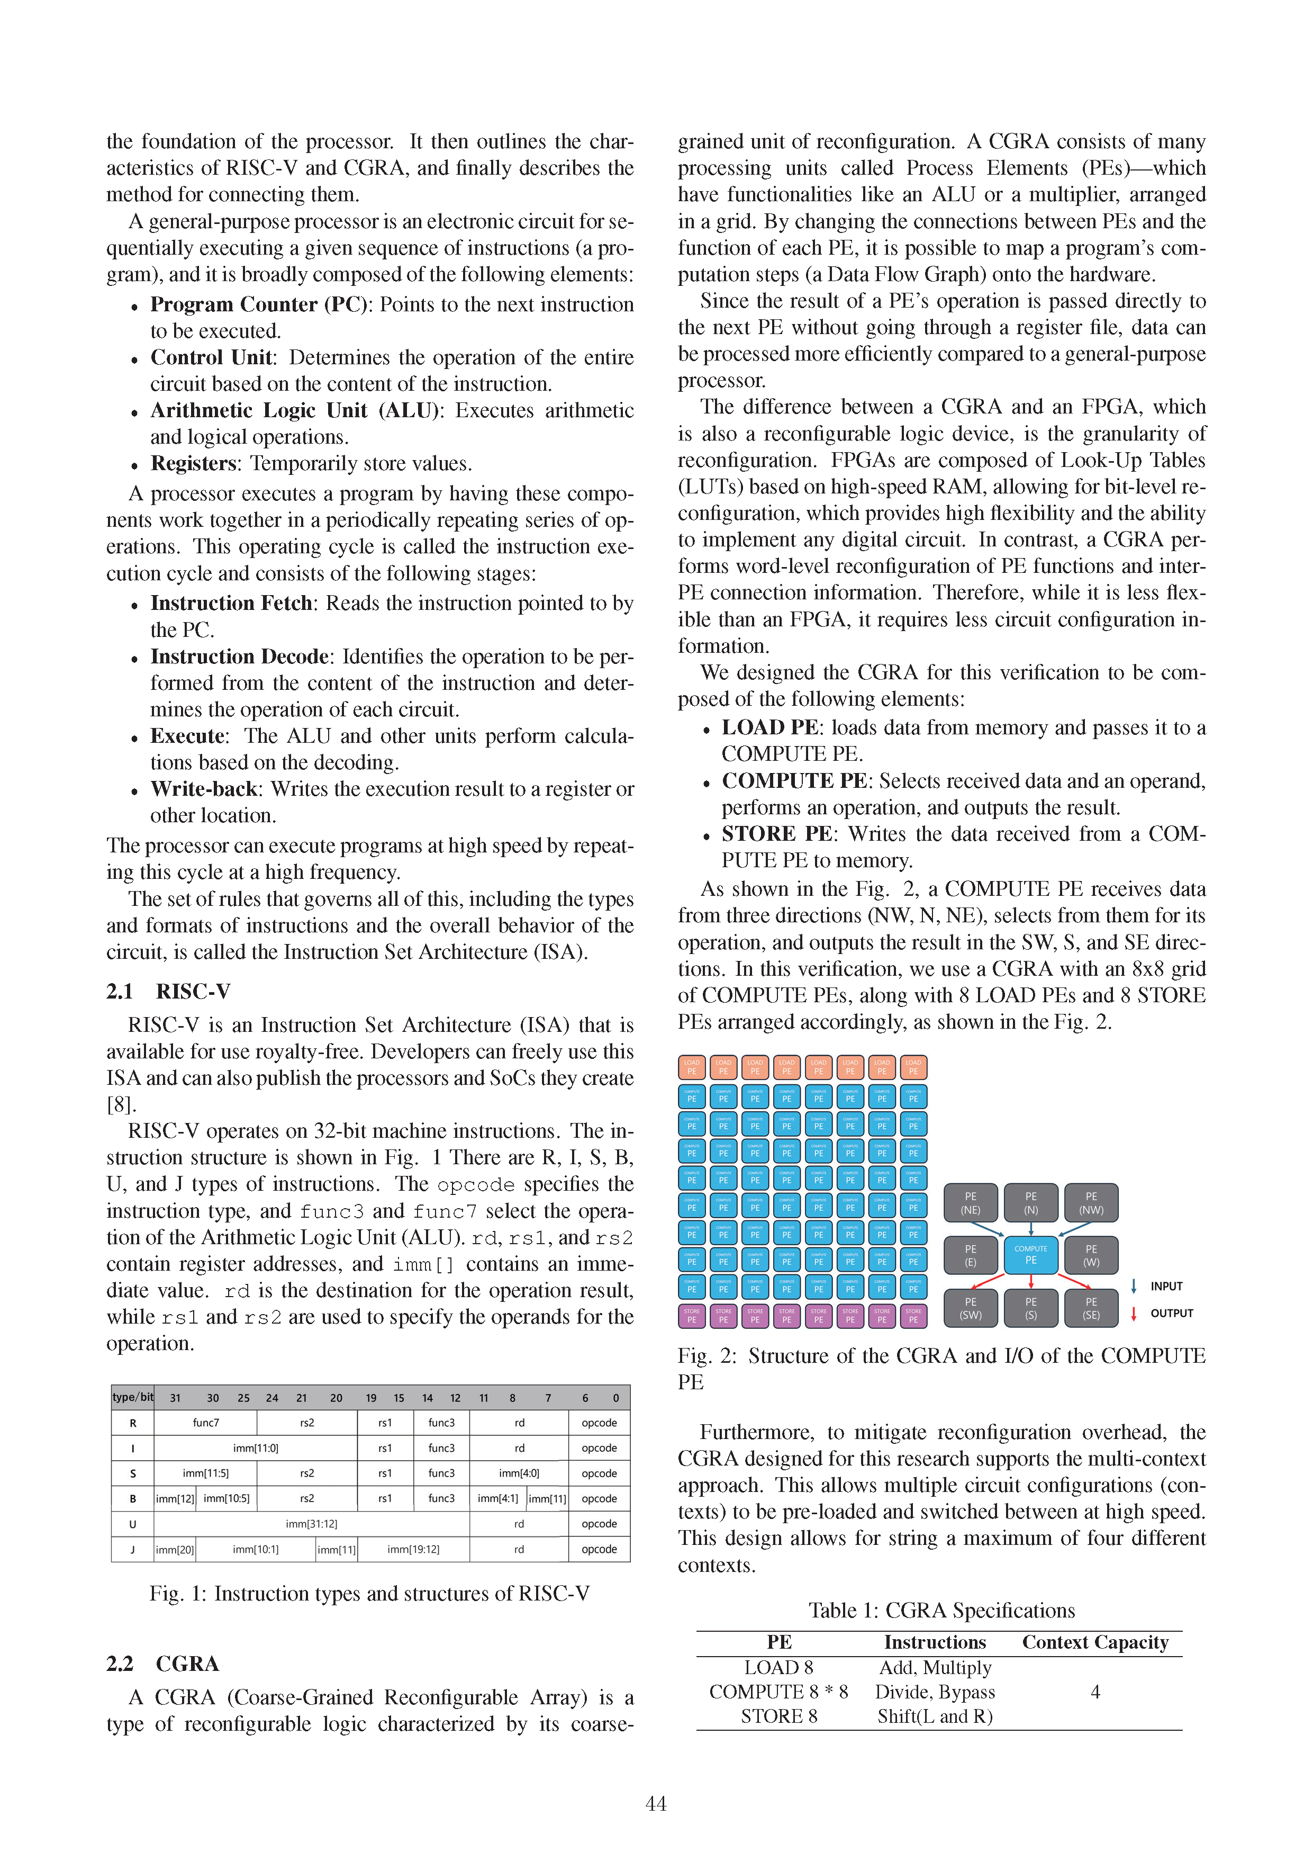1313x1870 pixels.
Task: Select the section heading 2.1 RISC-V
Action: pos(168,991)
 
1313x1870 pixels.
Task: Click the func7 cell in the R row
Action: pos(205,1422)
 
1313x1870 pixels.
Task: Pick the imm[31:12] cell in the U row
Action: pos(311,1523)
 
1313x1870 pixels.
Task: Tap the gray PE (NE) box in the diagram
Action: pos(970,1203)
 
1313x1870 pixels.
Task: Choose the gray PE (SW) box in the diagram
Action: pos(970,1308)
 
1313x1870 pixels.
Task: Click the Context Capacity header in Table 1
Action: pos(1095,1642)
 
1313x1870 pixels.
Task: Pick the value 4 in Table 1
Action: pos(1095,1692)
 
